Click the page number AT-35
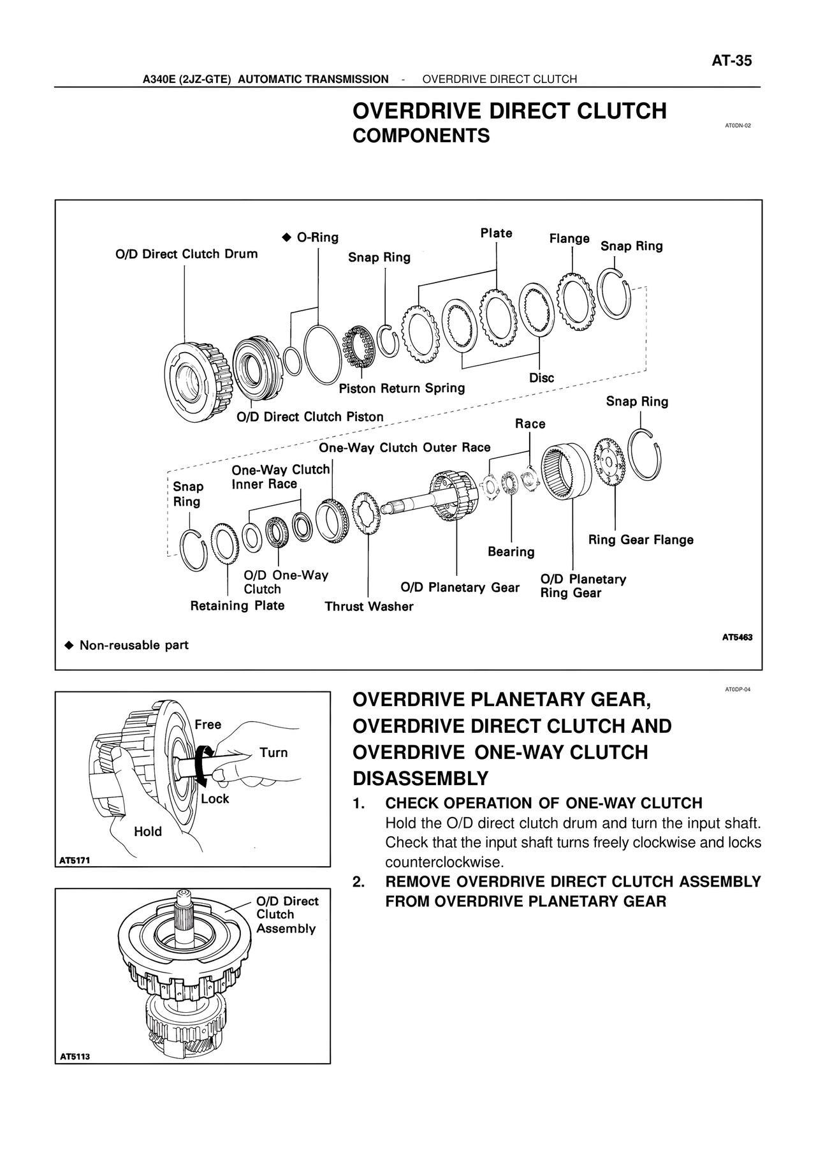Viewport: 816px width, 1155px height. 732,61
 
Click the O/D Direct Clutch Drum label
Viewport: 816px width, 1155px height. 186,254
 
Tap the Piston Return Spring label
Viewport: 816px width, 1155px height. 402,388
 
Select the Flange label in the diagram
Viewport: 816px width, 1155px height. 569,239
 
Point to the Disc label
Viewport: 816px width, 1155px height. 541,378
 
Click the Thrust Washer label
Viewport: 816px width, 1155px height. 368,607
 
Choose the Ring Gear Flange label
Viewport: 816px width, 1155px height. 641,540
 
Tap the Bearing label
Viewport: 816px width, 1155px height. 511,552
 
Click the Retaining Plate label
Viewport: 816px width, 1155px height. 237,606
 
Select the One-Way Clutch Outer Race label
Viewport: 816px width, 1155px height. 405,448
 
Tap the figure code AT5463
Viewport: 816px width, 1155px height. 737,636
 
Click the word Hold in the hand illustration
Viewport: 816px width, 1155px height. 148,832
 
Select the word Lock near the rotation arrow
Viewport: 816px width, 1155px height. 215,798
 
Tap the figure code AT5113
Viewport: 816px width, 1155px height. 75,1056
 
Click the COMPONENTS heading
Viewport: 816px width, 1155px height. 421,136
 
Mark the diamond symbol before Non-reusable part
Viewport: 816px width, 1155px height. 69,645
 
